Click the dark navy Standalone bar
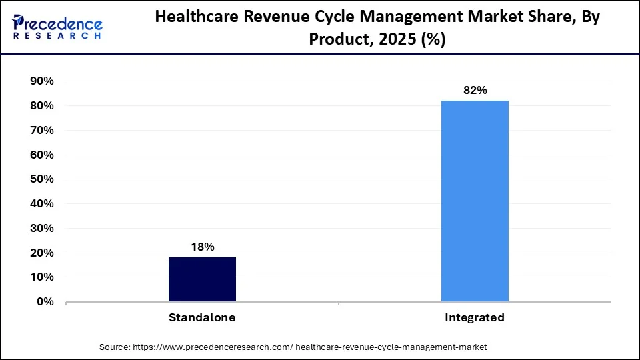pos(202,279)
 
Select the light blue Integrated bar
pos(475,201)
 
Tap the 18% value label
pos(202,247)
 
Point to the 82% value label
pos(475,91)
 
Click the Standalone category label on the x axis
pos(202,318)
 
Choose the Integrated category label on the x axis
pos(475,318)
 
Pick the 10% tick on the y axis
pos(41,277)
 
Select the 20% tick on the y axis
pos(41,253)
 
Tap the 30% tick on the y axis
pos(41,228)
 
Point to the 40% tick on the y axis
pos(41,204)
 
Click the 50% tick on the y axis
pos(41,179)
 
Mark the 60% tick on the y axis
pos(41,155)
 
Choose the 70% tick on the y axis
pos(41,130)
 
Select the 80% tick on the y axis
pos(41,105)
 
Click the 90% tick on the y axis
pos(41,81)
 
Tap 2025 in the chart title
pos(379,39)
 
